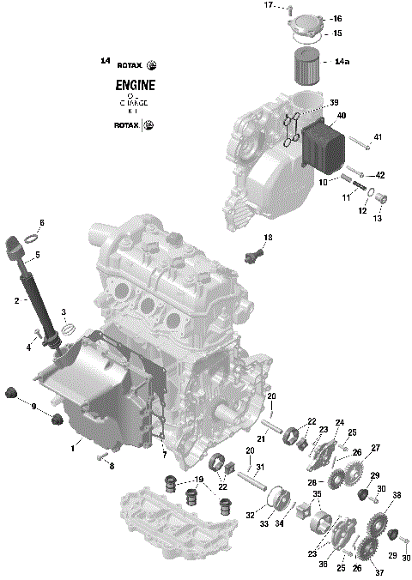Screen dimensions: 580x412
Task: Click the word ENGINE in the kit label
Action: pos(136,85)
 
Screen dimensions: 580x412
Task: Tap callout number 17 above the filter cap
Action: pos(267,5)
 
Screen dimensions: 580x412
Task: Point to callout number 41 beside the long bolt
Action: pos(377,137)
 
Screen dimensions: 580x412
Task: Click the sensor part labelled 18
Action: pos(255,254)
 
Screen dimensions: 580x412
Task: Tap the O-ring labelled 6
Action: pos(28,237)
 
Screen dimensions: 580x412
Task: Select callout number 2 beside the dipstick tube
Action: pos(16,300)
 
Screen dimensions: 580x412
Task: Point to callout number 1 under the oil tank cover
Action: pos(74,448)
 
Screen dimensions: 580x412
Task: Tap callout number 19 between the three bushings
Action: pos(197,480)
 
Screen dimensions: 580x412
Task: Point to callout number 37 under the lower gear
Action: pos(379,572)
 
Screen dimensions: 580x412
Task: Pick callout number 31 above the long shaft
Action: pos(260,467)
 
